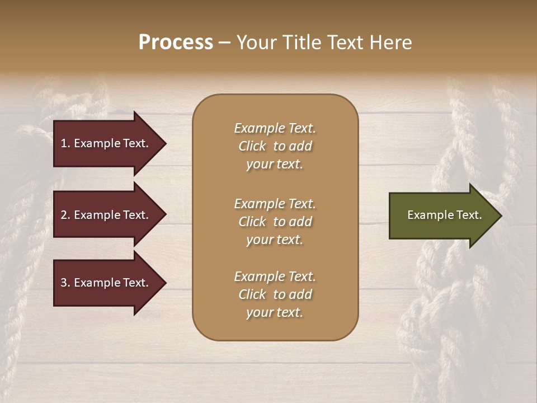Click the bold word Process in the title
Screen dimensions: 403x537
pos(176,43)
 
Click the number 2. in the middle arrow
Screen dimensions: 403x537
pos(65,215)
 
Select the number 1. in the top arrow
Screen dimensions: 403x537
pos(65,143)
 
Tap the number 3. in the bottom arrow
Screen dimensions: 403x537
pos(65,283)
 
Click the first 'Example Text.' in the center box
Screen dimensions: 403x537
pos(275,128)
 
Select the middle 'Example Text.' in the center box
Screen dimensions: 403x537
pos(275,204)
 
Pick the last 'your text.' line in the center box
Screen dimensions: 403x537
pos(275,313)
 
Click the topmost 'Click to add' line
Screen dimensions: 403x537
pos(275,146)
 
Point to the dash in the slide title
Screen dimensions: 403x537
pos(224,43)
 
